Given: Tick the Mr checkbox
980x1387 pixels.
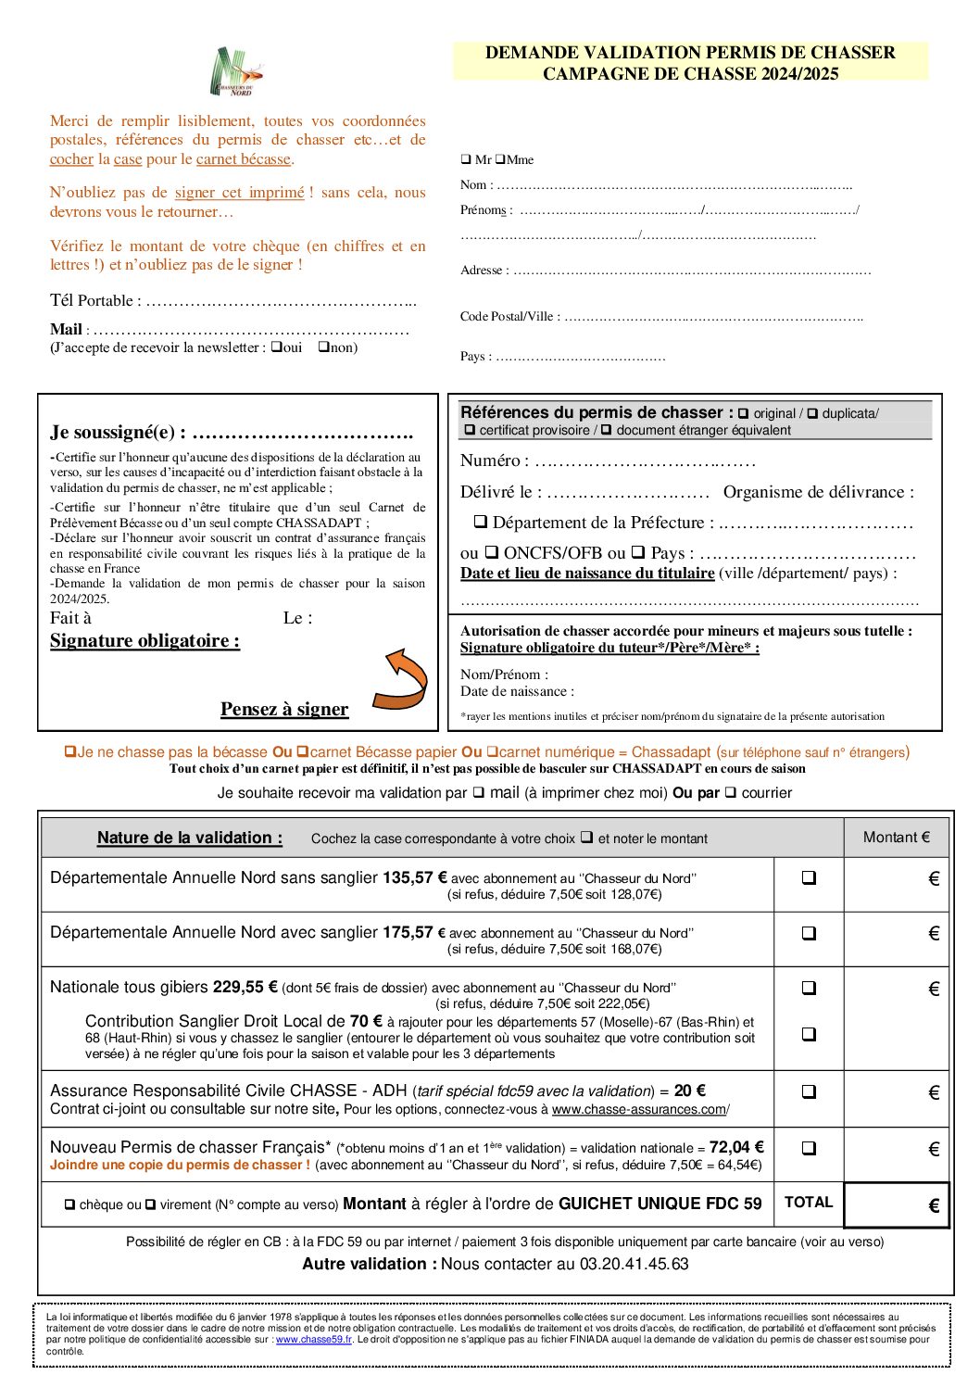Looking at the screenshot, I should pos(466,159).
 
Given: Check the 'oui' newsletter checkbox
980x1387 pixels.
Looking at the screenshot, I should pos(276,347).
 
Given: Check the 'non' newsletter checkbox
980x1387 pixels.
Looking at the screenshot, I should pos(323,347).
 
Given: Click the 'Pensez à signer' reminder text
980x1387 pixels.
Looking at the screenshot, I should pos(284,710).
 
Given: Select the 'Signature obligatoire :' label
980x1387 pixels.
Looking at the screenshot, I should pos(144,641).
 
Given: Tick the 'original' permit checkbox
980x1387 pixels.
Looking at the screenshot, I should pos(743,414).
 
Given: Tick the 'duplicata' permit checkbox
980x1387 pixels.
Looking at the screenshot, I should pos(812,414).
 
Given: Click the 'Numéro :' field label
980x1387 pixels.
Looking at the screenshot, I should pos(495,460).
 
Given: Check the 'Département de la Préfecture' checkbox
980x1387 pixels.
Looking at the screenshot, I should pos(481,523).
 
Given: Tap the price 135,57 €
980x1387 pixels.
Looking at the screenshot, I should pos(414,877).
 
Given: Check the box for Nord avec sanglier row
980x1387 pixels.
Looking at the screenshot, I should pos(809,933).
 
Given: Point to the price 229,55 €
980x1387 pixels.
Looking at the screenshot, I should pos(245,988).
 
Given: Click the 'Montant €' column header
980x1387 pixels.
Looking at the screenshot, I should pos(896,838).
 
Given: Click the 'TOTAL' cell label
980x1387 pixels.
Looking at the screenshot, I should pos(809,1203).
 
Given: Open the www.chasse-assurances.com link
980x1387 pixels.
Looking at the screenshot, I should pos(639,1110).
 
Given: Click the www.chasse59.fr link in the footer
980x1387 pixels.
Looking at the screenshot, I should pos(314,1340).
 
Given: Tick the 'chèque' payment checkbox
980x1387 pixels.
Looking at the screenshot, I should pos(69,1205).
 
